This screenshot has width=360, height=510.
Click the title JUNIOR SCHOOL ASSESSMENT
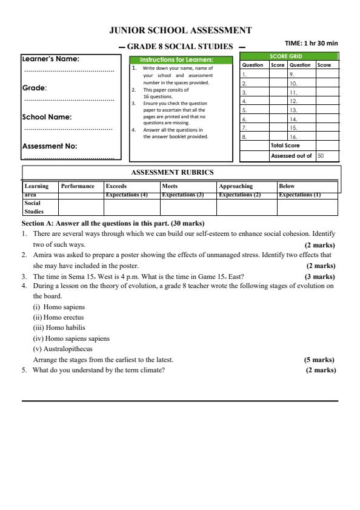[180, 30]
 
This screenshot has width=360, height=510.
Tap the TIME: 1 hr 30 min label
[311, 44]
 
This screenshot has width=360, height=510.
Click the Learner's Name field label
[51, 59]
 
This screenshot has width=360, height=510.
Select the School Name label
[47, 117]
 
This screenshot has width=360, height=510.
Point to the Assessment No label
[50, 146]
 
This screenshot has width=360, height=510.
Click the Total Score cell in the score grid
[285, 146]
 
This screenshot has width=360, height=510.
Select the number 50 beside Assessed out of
[321, 156]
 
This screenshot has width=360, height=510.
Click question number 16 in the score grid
[293, 136]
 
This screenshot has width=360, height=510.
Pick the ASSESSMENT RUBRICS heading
[172, 172]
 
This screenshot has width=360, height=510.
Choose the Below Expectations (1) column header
[299, 190]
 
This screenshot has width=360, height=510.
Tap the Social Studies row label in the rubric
[35, 208]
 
